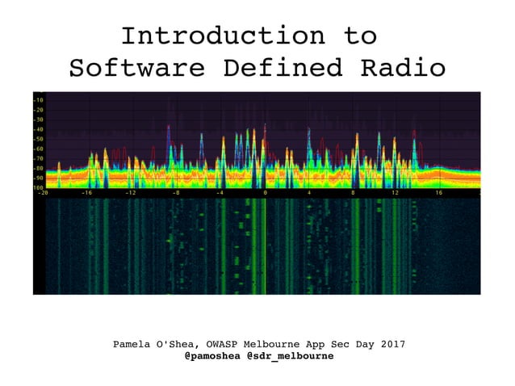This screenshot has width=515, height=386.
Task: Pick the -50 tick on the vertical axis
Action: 39,139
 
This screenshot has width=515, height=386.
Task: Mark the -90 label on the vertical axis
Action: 39,178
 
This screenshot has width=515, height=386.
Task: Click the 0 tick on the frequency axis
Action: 265,194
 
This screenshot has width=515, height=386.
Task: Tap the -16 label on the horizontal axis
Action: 86,194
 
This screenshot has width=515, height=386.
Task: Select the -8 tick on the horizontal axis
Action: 175,194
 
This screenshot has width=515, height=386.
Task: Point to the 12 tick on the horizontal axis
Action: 396,194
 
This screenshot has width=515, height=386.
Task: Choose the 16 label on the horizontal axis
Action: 439,194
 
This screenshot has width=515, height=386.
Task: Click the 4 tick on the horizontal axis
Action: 309,194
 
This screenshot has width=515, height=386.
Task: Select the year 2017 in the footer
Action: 391,345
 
